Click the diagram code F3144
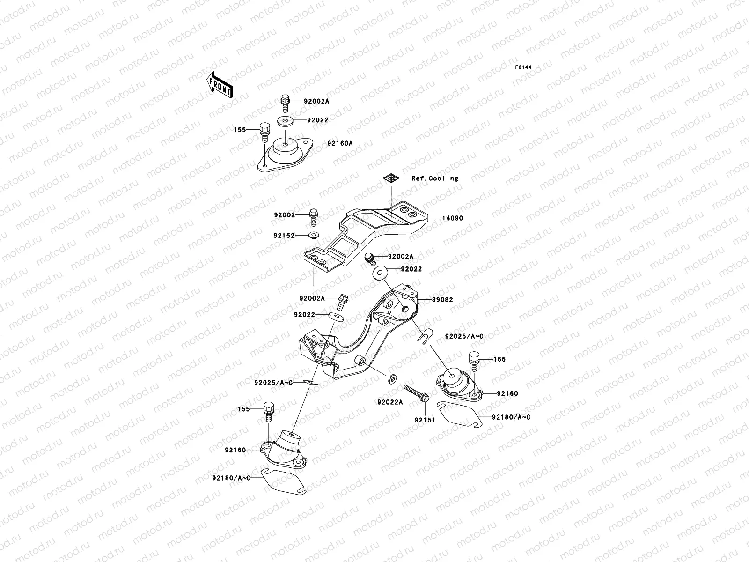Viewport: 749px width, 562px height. (523, 67)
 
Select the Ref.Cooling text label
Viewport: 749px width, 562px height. (435, 178)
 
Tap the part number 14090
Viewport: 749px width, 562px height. (452, 218)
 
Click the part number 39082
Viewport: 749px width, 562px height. (442, 300)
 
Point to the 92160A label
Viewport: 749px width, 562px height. (340, 144)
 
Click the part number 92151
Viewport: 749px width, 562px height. (425, 420)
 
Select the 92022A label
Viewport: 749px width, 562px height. (389, 402)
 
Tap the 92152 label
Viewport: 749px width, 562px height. (285, 236)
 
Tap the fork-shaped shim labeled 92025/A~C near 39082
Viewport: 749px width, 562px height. (425, 336)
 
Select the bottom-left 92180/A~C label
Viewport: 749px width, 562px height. (231, 478)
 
